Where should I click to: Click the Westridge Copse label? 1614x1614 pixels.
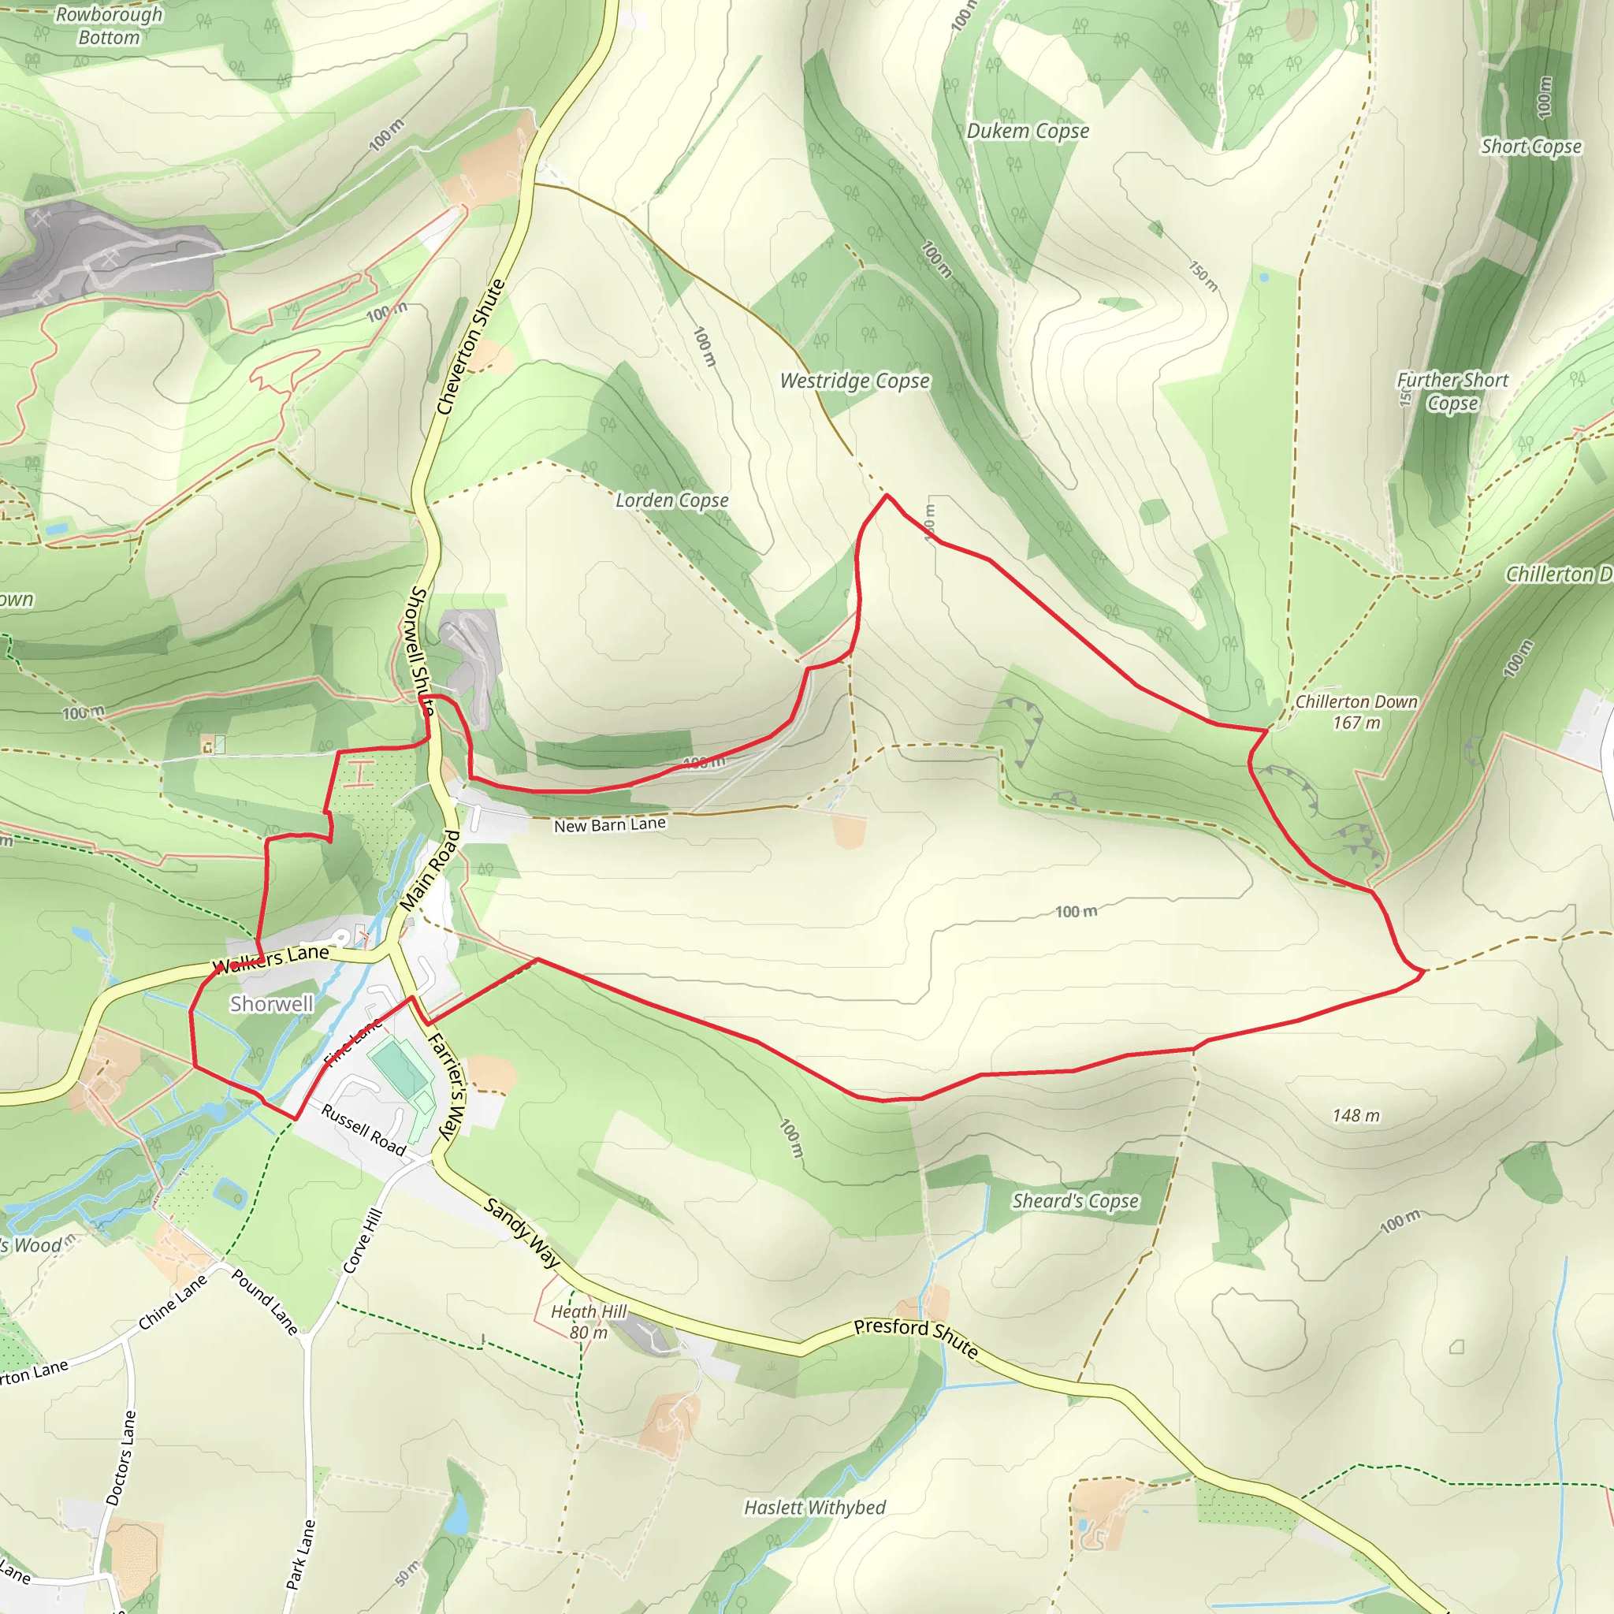pos(853,381)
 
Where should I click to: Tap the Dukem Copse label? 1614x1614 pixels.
pos(1028,131)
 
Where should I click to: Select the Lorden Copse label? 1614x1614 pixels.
pos(671,500)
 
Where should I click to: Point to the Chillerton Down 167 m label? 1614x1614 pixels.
pos(1356,712)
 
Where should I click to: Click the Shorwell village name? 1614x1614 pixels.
pos(272,1004)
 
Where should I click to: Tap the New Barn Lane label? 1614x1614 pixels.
pos(610,824)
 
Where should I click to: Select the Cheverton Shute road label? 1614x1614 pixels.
pos(471,347)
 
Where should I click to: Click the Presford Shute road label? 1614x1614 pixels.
pos(916,1337)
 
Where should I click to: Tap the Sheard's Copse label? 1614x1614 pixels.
pos(1075,1200)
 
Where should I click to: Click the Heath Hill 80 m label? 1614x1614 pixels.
pos(588,1322)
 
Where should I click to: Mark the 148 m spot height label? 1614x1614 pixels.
pos(1356,1115)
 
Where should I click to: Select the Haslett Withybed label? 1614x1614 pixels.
pos(815,1508)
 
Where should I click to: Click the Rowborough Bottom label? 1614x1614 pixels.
pos(109,26)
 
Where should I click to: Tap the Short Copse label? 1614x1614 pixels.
pos(1531,147)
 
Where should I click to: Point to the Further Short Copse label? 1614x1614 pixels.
pos(1452,391)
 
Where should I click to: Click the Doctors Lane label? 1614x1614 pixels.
pos(121,1459)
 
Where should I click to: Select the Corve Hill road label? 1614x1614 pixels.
pos(363,1241)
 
